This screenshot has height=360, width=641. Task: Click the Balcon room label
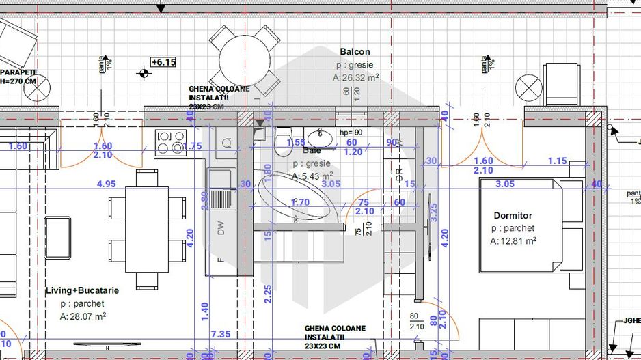tap(355, 52)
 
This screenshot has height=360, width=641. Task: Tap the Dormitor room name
tap(513, 215)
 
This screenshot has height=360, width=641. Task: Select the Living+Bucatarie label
tap(82, 290)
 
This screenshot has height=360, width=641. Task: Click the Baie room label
tap(312, 150)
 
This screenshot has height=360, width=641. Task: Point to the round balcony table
tap(245, 59)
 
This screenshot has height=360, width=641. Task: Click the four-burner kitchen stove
tap(171, 141)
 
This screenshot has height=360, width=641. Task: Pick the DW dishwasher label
tap(221, 230)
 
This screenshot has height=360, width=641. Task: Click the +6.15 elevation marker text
tap(163, 62)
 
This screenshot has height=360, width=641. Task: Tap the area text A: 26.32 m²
tap(356, 78)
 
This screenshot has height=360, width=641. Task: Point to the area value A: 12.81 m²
tap(513, 241)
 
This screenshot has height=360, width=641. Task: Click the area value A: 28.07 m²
tap(83, 316)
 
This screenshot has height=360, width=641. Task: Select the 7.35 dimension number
tap(221, 334)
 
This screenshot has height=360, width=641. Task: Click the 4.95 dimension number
tap(107, 184)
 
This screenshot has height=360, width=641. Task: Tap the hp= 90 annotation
tap(350, 133)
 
